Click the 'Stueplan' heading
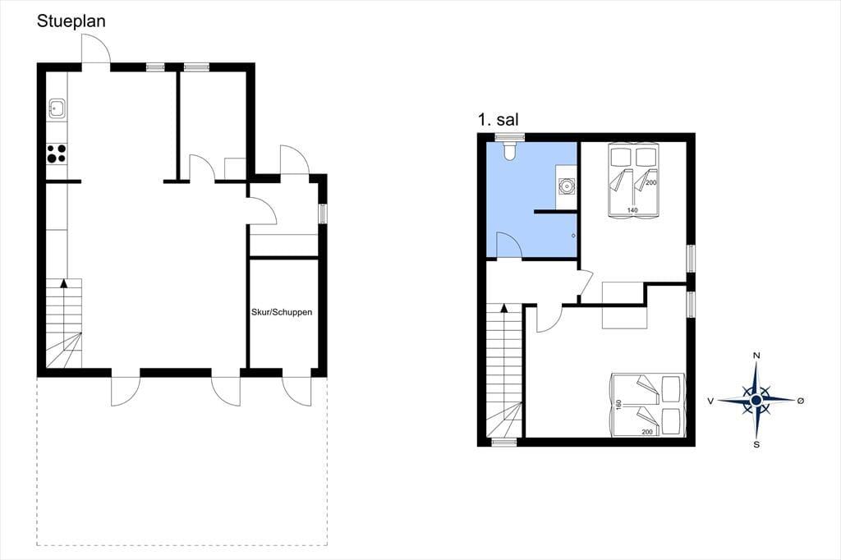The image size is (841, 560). click(x=71, y=21)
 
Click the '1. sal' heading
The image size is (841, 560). click(x=499, y=120)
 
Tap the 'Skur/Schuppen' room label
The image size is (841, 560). click(x=282, y=312)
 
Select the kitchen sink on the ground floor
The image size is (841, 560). click(x=57, y=108)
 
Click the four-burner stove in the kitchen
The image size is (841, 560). click(x=57, y=154)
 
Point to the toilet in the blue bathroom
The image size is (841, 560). click(x=509, y=151)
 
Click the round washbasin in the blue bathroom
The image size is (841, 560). click(x=565, y=186)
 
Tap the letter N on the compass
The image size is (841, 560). click(x=756, y=356)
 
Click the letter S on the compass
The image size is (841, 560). click(x=756, y=444)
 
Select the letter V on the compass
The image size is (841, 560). click(x=710, y=401)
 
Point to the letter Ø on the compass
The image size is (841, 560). click(x=800, y=401)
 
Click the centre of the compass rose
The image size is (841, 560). click(x=756, y=400)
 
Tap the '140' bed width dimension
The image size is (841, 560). click(x=632, y=210)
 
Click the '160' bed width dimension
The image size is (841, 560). click(x=618, y=405)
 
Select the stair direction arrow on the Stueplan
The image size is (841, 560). click(x=64, y=282)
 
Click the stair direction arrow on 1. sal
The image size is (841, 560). click(x=503, y=308)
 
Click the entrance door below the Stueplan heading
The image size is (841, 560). click(x=96, y=48)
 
